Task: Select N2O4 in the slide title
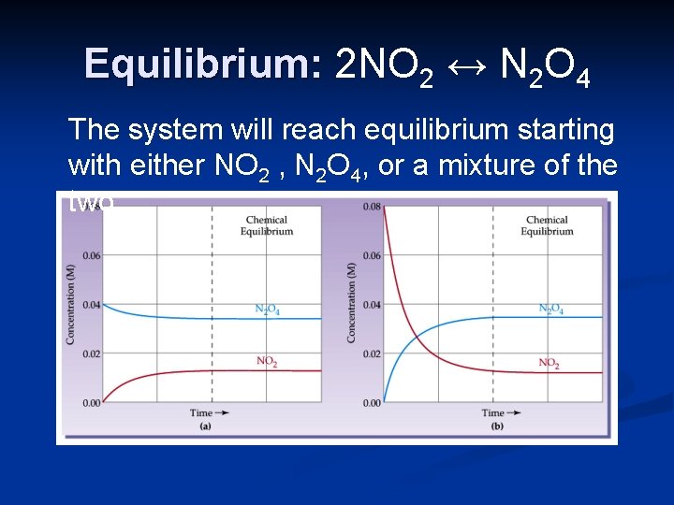pos(545,67)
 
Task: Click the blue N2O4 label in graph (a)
pos(267,310)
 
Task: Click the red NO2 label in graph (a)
pos(267,362)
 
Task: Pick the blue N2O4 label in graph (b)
pos(550,309)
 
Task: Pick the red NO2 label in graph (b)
pos(550,362)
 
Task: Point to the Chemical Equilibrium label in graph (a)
pos(267,225)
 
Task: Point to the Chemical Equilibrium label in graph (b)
pos(548,225)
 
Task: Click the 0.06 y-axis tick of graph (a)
pos(90,255)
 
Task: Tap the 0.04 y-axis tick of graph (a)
pos(90,305)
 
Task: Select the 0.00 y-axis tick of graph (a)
pos(90,403)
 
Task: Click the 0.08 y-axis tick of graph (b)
pos(371,207)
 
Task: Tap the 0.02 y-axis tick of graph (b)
pos(371,353)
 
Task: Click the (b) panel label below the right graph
pos(496,426)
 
